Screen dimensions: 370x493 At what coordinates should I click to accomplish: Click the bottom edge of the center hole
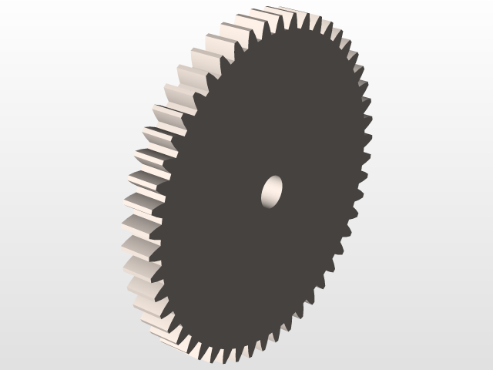[269, 206]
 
